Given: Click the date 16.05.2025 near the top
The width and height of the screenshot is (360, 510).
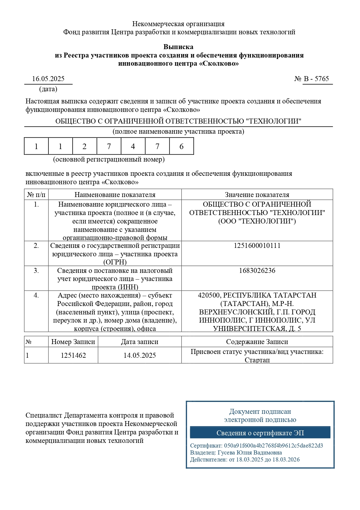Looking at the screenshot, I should coord(48,79).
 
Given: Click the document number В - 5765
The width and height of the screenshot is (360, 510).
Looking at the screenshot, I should coord(316,79).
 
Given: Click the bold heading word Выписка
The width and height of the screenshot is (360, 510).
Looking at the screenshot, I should coord(178,47).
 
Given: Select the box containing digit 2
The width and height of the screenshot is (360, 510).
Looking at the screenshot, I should coord(84,146).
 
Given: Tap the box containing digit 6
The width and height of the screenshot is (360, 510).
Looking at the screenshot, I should coord(181,146).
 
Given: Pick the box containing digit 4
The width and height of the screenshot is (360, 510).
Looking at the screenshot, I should coord(133,146).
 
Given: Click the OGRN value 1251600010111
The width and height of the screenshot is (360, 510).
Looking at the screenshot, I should coord(257,246).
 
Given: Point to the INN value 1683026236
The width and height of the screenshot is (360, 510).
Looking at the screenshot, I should coord(257,271).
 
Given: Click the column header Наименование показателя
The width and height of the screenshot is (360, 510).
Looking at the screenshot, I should coord(115,195).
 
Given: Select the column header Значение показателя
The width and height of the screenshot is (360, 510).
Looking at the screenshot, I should coord(257,195).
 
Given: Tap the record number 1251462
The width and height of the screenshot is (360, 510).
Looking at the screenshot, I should coord(73,355).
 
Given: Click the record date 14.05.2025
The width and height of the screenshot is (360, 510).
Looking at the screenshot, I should coord(140,355).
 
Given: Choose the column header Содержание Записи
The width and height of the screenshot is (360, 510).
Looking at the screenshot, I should coord(257,342).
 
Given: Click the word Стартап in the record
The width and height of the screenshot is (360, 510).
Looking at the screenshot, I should coord(257,360).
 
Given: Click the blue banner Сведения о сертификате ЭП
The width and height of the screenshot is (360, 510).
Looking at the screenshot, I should coord(260,433).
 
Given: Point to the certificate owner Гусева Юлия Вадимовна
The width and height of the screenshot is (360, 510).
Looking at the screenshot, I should coord(250,452).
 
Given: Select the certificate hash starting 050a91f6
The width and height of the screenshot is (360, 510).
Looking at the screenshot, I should coord(273,445).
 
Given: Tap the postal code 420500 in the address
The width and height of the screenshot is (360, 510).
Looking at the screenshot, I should coord(209,295).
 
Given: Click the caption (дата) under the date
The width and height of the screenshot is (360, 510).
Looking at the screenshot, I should coord(48,89).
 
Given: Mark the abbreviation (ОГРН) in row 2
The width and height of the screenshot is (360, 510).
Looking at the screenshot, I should coord(115,262).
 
